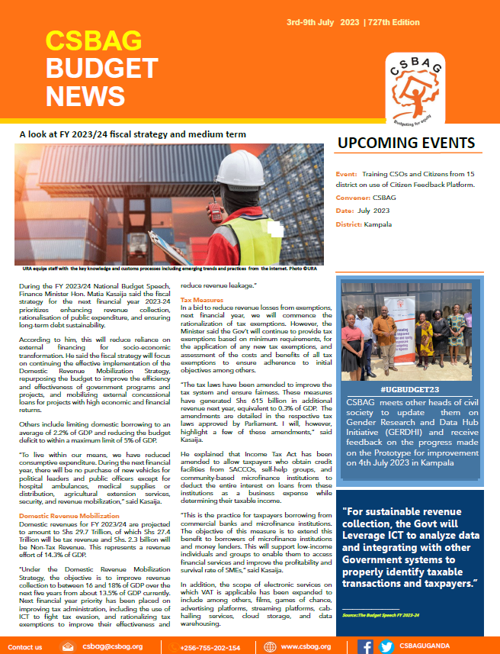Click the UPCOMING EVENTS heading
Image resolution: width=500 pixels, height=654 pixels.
[406, 143]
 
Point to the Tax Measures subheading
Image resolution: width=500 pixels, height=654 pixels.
[202, 300]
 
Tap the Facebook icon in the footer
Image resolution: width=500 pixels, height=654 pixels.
[366, 647]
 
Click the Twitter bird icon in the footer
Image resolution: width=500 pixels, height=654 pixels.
[386, 647]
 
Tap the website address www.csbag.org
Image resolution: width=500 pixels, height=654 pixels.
[306, 647]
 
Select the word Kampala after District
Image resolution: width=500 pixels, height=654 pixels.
[378, 224]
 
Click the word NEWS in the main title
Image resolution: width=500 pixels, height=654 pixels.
[85, 95]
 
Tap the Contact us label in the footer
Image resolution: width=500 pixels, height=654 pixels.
[24, 647]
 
